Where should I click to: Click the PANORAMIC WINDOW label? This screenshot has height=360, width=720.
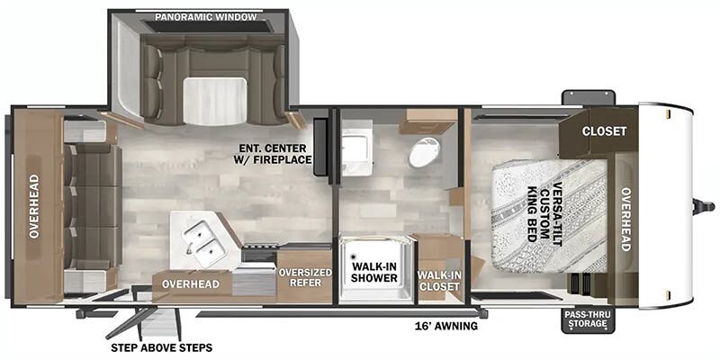click(205, 17)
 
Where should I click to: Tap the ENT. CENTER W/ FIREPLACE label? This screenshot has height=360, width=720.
click(275, 154)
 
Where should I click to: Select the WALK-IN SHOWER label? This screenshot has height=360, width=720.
click(375, 272)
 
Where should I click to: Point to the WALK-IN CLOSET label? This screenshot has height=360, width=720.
click(438, 281)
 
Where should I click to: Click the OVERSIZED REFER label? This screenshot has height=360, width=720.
click(305, 277)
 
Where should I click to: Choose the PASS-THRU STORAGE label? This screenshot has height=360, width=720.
click(589, 320)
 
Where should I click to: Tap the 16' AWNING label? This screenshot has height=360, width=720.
click(445, 326)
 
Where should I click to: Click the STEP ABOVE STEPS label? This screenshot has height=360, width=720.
click(162, 347)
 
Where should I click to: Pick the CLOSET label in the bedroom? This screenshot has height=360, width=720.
click(604, 131)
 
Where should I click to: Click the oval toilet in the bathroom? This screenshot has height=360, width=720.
click(425, 152)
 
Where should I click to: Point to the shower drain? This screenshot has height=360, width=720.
click(354, 257)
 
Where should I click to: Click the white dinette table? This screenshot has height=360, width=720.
click(214, 101)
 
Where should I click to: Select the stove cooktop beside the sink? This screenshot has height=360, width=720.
click(259, 254)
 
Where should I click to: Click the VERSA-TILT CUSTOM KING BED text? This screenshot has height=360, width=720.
click(544, 213)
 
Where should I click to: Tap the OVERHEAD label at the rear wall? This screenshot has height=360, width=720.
click(34, 206)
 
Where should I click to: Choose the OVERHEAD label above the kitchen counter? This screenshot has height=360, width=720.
click(191, 284)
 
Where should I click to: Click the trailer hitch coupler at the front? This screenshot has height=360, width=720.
click(703, 207)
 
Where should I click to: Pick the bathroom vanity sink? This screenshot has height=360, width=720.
click(356, 148)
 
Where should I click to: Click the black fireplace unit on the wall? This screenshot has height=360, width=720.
click(320, 147)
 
